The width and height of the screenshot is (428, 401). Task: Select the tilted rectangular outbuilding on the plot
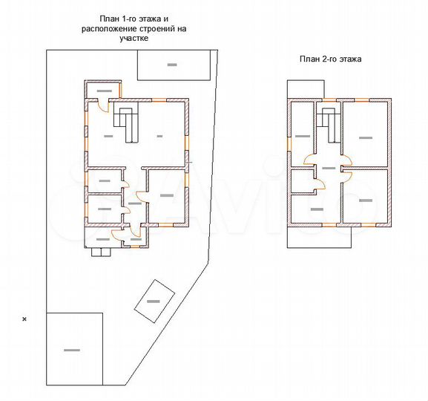point(154,301)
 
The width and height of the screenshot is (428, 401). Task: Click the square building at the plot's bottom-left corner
point(74,348)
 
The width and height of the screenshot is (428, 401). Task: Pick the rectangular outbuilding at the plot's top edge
point(173,66)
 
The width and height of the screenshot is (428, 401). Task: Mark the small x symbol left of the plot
point(24,319)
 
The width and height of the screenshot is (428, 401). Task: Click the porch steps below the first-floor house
point(100,252)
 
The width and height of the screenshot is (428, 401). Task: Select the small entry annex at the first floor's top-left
point(103,91)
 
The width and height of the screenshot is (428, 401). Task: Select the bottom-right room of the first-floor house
point(165,195)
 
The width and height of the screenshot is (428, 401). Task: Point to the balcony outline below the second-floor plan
point(318,236)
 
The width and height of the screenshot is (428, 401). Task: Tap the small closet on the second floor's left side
point(300,181)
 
